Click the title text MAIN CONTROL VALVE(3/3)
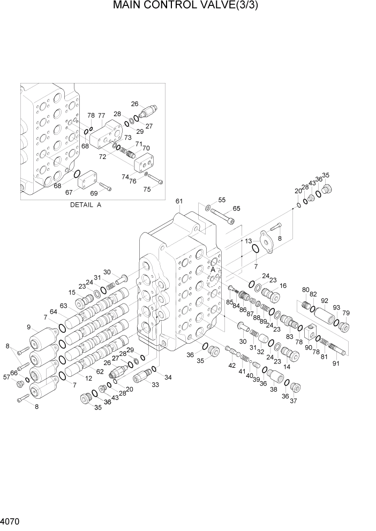[x=189, y=7]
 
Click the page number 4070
[x=11, y=520]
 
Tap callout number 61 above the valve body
[x=179, y=201]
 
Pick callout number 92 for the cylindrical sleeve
[x=324, y=301]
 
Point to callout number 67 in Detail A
[x=69, y=192]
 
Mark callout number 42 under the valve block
[x=232, y=366]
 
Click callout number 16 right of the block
[x=283, y=286]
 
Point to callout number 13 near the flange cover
[x=249, y=241]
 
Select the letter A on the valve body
[x=213, y=270]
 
